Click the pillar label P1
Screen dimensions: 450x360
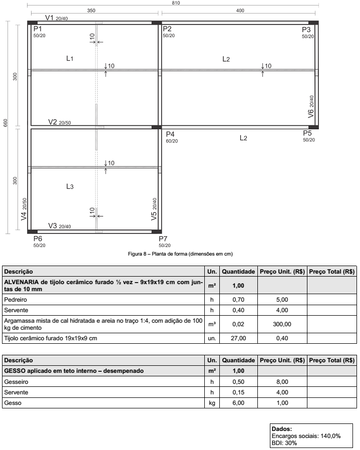tap(38, 29)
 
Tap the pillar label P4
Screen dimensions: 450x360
tap(170, 134)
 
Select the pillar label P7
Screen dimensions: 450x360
tap(163, 239)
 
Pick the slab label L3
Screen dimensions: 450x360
tap(70, 186)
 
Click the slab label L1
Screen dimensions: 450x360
tap(70, 59)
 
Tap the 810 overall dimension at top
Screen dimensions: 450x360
tap(175, 3)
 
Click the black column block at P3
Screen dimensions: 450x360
tap(314, 23)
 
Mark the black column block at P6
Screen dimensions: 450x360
tap(32, 232)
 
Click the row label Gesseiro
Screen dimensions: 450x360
tap(17, 381)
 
